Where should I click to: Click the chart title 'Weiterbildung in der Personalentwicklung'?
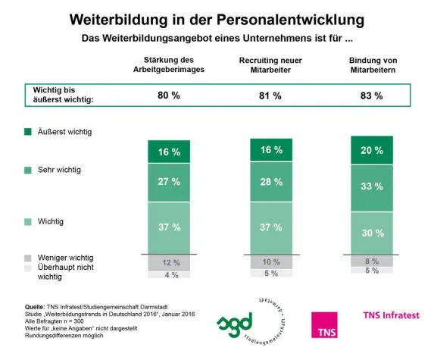coord(217,18)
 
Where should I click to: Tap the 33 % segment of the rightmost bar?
coord(371,185)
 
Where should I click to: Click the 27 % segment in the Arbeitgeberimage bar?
coord(170,183)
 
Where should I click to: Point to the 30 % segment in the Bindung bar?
coord(371,232)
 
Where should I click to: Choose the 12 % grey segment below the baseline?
coord(170,262)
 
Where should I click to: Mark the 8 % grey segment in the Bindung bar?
coord(371,260)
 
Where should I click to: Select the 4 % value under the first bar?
coord(170,275)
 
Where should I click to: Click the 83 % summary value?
coord(371,96)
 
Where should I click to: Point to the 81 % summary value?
coord(270,96)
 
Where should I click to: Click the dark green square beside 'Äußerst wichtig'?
coord(27,133)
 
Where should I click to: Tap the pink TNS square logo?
coord(325,323)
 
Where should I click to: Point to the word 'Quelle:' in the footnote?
coord(36,306)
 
